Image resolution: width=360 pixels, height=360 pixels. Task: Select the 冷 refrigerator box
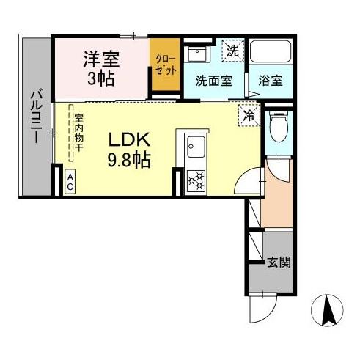coord(248,114)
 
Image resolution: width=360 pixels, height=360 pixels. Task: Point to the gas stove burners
coord(196,180)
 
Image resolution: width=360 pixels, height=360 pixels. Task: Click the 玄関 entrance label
coord(278,262)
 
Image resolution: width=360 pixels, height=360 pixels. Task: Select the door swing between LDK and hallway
coord(253,180)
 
